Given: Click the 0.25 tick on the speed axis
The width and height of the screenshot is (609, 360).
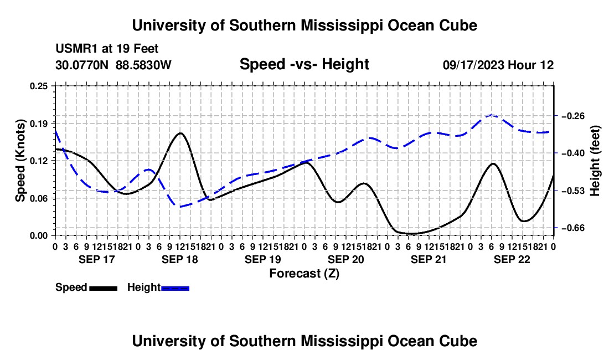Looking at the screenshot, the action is (x=39, y=86).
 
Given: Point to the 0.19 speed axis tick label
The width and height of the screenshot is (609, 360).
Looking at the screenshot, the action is (x=39, y=124).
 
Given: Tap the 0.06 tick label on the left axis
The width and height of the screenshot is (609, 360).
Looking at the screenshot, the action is (x=39, y=198).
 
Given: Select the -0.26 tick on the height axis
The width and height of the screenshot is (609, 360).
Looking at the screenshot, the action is (x=573, y=116).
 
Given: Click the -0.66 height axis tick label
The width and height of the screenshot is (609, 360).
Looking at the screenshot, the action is (x=573, y=228).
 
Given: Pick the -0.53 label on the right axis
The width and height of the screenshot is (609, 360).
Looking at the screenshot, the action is (x=573, y=191).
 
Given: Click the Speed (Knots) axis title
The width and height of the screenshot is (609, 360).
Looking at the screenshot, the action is (x=20, y=161).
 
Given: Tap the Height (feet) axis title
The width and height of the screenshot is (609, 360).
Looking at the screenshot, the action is (x=595, y=161).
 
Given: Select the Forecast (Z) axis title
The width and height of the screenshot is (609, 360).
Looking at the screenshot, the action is (x=304, y=274).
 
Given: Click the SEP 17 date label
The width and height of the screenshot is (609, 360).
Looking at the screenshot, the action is (x=97, y=259).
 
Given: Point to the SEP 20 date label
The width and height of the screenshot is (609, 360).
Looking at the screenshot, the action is (x=345, y=259).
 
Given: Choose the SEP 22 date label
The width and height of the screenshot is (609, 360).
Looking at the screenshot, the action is (x=512, y=259).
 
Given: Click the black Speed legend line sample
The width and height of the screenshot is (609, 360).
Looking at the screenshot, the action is (x=104, y=288).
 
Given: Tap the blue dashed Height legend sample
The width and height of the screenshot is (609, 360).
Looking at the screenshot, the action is (x=175, y=288).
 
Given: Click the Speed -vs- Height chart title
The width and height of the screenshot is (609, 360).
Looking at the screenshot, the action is (x=304, y=64).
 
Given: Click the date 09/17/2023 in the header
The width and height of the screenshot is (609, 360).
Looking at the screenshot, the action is (x=473, y=65).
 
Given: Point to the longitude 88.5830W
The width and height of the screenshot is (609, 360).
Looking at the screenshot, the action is (x=143, y=65).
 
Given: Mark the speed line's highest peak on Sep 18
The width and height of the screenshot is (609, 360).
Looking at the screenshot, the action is (x=180, y=133).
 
